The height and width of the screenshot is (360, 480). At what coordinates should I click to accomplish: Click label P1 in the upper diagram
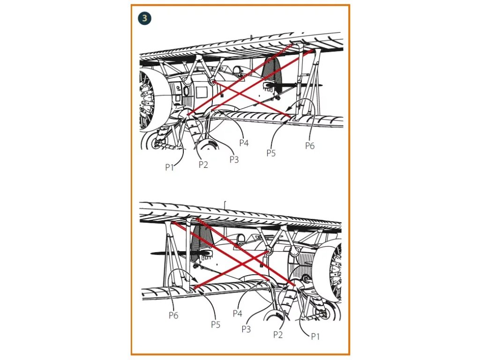coord(170,167)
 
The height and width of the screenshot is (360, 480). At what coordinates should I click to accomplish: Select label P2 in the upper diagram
coord(203,165)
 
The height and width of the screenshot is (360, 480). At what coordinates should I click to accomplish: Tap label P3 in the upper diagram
coord(234,159)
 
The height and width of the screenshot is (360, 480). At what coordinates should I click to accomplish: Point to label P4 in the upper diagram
coord(244,142)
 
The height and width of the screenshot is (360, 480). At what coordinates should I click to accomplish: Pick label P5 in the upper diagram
coord(271,153)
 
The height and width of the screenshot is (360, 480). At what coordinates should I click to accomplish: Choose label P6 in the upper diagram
coord(310,146)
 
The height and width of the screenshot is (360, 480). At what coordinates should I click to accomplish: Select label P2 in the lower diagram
coord(278,334)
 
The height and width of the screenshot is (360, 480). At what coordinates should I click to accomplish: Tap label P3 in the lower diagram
coord(247,329)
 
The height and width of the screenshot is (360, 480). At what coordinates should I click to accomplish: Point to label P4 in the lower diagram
coord(238,313)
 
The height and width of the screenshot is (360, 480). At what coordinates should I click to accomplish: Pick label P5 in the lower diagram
coord(215,324)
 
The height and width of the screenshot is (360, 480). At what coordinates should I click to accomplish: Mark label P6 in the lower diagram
coord(174,315)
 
